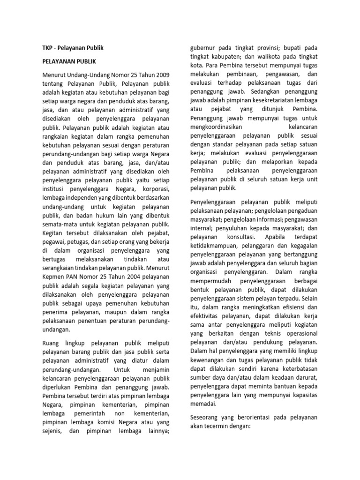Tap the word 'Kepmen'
coord(50,277)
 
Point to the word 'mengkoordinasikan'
coord(221,128)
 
